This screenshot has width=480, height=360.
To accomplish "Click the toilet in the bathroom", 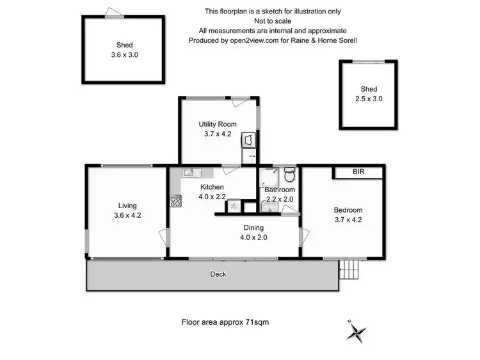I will pyautogui.click(x=289, y=175).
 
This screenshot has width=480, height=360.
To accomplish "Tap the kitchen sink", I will pyautogui.click(x=191, y=172).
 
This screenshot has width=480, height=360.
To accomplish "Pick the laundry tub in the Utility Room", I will pyautogui.click(x=248, y=140).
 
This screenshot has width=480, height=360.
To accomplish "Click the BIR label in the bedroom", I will pyautogui.click(x=359, y=172).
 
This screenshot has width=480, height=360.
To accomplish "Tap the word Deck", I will pyautogui.click(x=218, y=274).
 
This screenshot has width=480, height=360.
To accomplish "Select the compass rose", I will pyautogui.click(x=355, y=331).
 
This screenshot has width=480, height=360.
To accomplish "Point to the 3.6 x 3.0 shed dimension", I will pyautogui.click(x=124, y=55).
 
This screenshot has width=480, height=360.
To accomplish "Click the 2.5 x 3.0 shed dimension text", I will pyautogui.click(x=368, y=99).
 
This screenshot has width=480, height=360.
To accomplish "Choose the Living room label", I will pyautogui.click(x=127, y=206).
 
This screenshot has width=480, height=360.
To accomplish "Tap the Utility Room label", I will pyautogui.click(x=218, y=124).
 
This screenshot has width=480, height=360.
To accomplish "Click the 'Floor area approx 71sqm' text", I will pyautogui.click(x=225, y=322).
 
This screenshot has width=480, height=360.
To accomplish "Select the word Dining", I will pyautogui.click(x=253, y=227).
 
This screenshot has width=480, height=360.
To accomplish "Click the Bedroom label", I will pyautogui.click(x=348, y=210).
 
